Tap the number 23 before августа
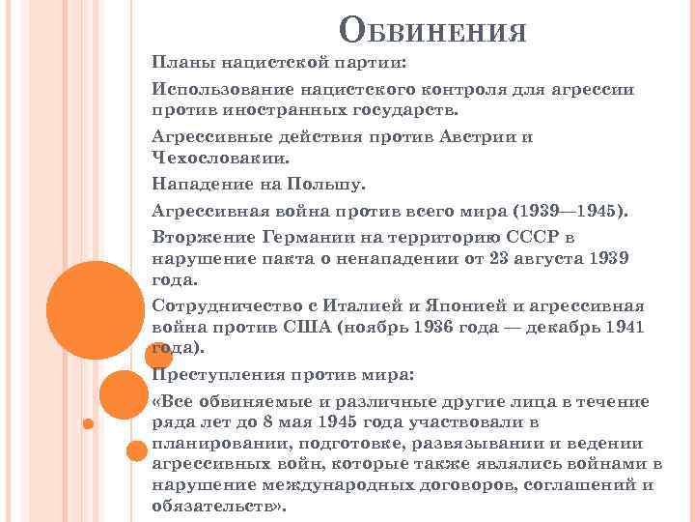pyautogui.click(x=500, y=258)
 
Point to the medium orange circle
pyautogui.click(x=123, y=393)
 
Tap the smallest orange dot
pyautogui.click(x=86, y=423)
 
